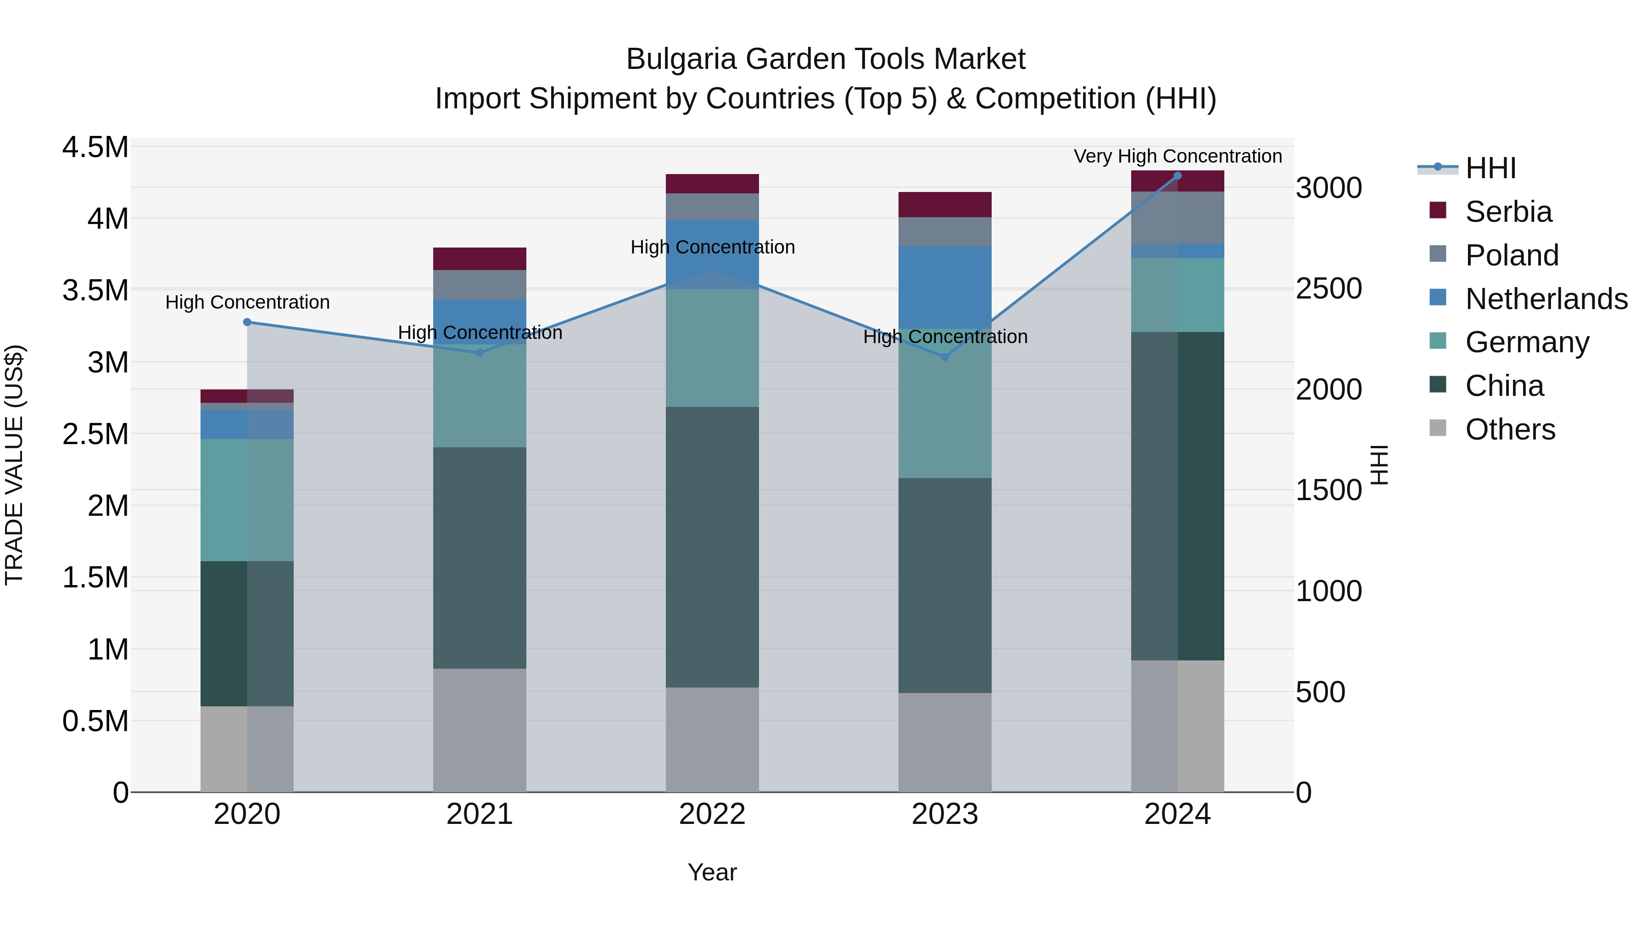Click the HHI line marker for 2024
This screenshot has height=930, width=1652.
(x=1178, y=176)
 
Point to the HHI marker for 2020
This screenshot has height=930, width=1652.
(x=247, y=322)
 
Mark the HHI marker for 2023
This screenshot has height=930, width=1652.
(x=945, y=357)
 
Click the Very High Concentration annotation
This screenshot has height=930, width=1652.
(x=1178, y=156)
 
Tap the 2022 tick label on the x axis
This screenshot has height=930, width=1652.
(x=712, y=814)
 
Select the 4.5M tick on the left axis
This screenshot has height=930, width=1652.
(x=95, y=147)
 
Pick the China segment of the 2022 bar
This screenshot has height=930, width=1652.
(x=712, y=547)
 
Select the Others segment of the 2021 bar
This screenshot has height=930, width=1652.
(x=480, y=730)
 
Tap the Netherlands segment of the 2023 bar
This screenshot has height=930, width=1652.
(x=945, y=287)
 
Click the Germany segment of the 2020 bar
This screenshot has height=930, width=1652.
(x=247, y=500)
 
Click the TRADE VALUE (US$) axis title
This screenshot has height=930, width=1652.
(x=14, y=465)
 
